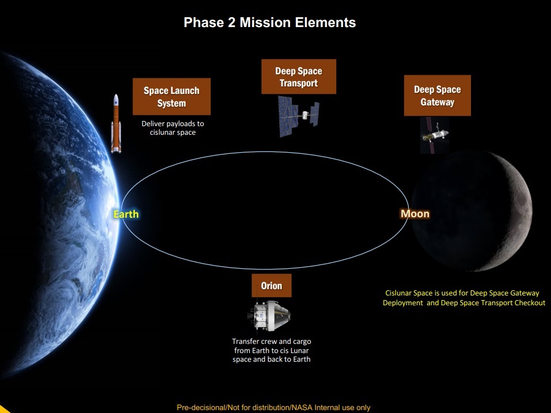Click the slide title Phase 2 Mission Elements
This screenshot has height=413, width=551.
point(269,22)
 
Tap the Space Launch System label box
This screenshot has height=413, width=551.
point(172,97)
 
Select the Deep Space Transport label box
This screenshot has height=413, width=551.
point(299,77)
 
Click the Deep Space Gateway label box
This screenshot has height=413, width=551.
point(437,95)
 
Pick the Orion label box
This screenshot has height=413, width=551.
point(271,285)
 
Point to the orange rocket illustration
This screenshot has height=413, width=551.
point(116,123)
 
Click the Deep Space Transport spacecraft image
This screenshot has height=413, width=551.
point(299,116)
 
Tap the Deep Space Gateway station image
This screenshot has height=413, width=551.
point(435,135)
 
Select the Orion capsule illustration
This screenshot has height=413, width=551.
point(269,316)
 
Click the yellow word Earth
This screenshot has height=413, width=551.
point(126,214)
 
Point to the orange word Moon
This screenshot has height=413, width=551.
point(415,214)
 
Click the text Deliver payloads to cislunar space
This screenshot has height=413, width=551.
point(173,128)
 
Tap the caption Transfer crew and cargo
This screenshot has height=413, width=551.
point(271,342)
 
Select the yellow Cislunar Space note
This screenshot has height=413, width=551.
point(464,298)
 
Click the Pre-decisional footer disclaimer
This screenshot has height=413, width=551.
point(273,407)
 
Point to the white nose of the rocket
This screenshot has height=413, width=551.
point(116,100)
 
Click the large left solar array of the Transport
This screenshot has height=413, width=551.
point(287,116)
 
